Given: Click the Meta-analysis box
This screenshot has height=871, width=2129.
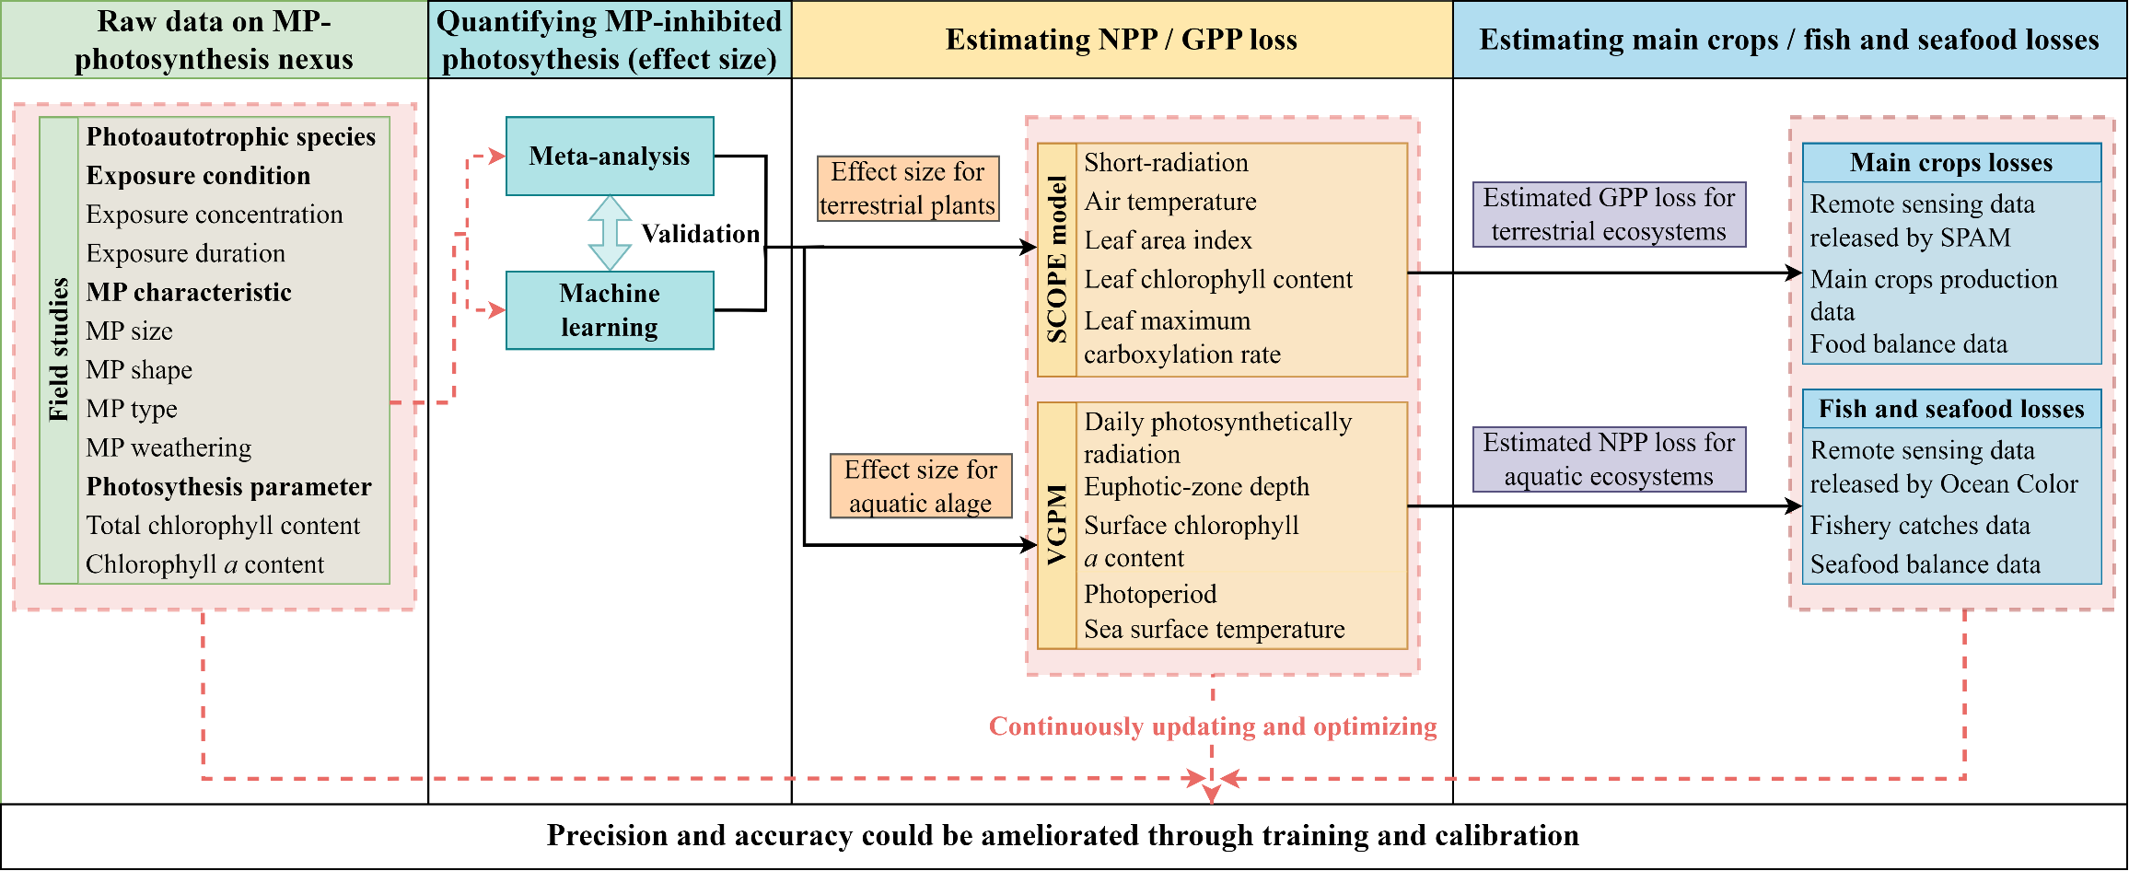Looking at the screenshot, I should (610, 157).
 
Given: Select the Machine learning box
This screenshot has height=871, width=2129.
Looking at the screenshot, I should (610, 310).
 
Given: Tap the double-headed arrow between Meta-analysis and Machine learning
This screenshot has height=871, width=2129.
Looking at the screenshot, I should (610, 233).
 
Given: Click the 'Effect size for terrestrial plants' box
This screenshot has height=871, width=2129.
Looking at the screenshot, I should (908, 189).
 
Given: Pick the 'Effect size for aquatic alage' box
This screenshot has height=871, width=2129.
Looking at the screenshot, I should (921, 486).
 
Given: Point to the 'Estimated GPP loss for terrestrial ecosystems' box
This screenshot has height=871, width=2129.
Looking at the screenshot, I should (1609, 215).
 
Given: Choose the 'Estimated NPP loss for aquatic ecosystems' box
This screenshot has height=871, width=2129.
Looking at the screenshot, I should (1609, 459).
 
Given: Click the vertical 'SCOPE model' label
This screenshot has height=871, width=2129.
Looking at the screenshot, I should (1057, 260).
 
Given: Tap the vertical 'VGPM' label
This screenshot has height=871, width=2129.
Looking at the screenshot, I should (1057, 525).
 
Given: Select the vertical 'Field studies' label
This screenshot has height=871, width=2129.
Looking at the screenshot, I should (59, 350).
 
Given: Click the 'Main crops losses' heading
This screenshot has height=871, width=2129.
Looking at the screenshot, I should (1951, 163).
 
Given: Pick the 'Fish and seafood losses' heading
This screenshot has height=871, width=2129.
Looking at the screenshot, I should (1951, 409).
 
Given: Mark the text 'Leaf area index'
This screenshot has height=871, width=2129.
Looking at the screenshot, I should (1168, 240).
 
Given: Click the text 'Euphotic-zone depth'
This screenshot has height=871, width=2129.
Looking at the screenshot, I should (1196, 486).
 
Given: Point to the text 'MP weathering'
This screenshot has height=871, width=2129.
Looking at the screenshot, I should (169, 447).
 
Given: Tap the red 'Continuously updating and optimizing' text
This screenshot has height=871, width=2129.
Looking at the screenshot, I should (1213, 726).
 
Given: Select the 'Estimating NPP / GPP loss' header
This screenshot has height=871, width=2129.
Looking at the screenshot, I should (1122, 40).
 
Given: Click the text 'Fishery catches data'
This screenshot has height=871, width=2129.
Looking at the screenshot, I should (1920, 526).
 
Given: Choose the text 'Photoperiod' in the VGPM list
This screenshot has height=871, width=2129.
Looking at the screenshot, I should (1150, 594).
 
